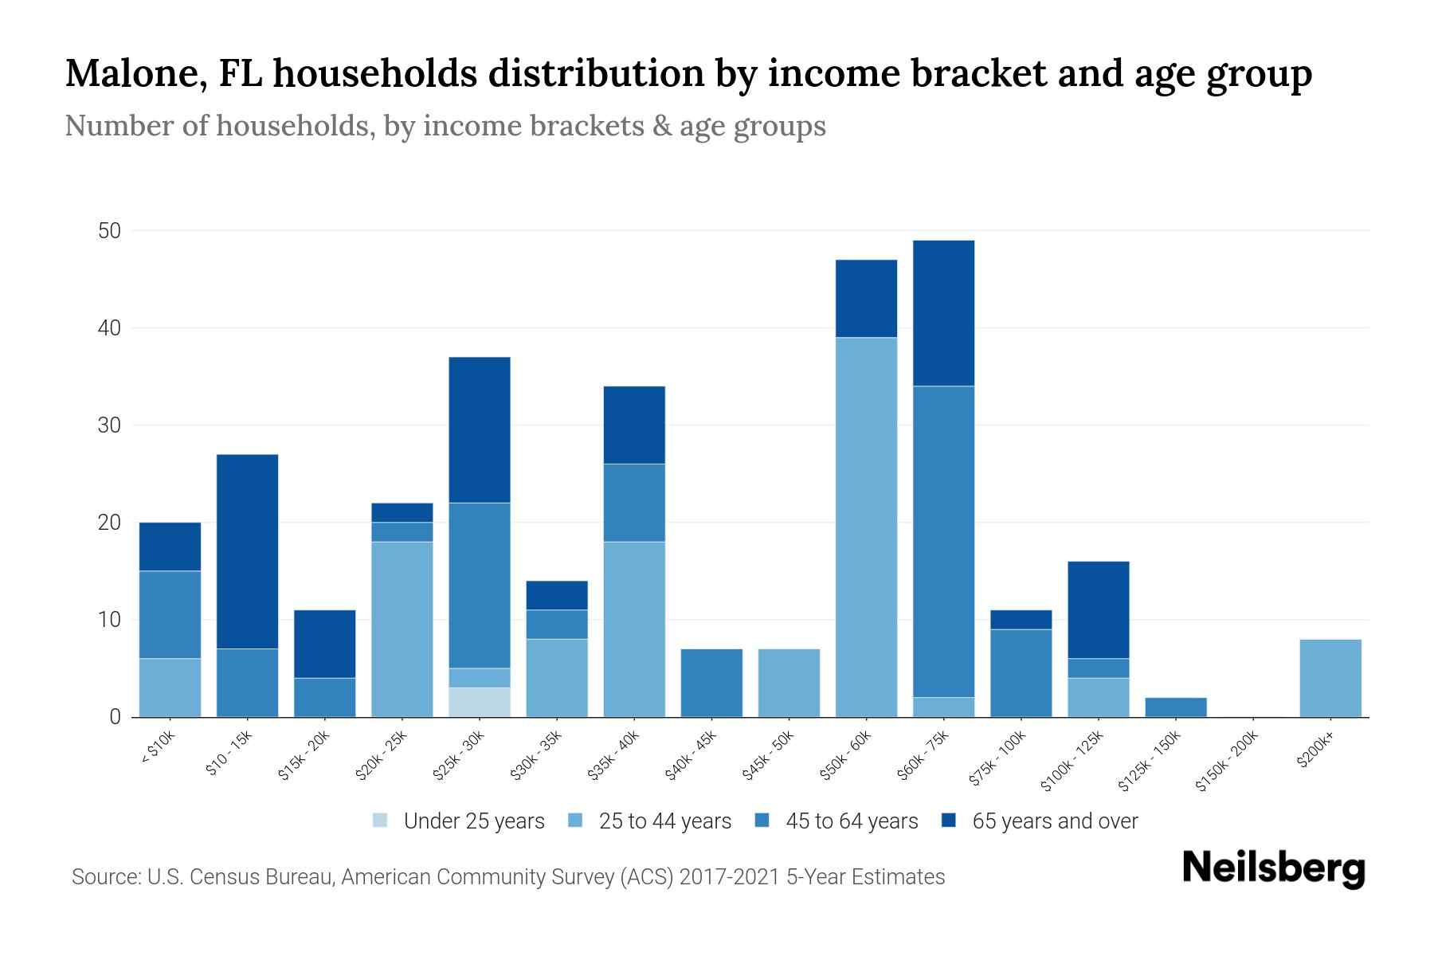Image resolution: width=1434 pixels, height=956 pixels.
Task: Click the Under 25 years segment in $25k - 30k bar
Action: tap(479, 702)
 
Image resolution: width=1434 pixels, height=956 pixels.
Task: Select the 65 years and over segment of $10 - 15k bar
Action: tap(247, 551)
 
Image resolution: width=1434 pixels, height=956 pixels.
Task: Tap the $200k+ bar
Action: tap(1330, 678)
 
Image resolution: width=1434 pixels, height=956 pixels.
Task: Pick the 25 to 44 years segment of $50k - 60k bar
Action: tap(866, 527)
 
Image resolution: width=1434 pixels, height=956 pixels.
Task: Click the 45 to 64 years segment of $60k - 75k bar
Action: tap(943, 542)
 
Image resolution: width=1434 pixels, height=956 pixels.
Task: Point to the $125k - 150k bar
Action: tap(1175, 707)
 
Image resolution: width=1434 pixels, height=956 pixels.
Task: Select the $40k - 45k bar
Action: tap(711, 683)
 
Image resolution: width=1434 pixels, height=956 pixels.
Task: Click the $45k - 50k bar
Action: tap(789, 683)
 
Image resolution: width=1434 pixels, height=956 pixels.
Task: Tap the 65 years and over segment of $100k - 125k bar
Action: tap(1098, 610)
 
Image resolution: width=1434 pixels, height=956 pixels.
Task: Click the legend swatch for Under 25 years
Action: tap(381, 821)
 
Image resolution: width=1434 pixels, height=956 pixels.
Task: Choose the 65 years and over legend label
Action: tap(1055, 821)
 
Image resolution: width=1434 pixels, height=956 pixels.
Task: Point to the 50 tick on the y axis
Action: tap(109, 231)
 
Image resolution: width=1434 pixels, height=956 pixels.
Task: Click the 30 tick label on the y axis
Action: tap(109, 425)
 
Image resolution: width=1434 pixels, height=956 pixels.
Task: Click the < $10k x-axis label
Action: tap(158, 748)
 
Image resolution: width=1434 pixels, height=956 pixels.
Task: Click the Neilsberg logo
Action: tap(1273, 868)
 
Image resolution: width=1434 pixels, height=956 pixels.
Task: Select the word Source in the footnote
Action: tap(103, 877)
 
